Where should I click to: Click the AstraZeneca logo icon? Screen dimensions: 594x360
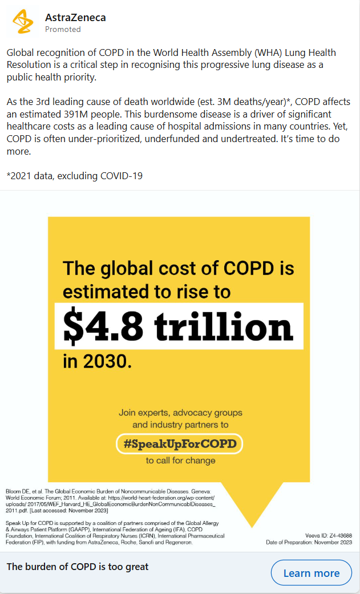click(23, 22)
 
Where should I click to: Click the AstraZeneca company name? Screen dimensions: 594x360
click(75, 17)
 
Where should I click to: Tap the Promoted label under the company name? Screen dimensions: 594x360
click(63, 29)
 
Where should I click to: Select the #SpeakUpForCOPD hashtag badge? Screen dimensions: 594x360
click(179, 443)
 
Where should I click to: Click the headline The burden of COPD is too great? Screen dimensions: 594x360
click(78, 567)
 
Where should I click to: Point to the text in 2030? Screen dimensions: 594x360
click(97, 361)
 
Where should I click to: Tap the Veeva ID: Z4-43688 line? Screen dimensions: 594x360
click(329, 535)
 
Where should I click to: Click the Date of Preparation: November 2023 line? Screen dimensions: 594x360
click(309, 542)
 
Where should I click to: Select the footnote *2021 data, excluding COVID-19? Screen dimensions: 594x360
click(75, 176)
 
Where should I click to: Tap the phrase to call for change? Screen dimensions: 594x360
click(180, 460)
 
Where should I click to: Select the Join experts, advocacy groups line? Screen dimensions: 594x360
click(180, 412)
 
